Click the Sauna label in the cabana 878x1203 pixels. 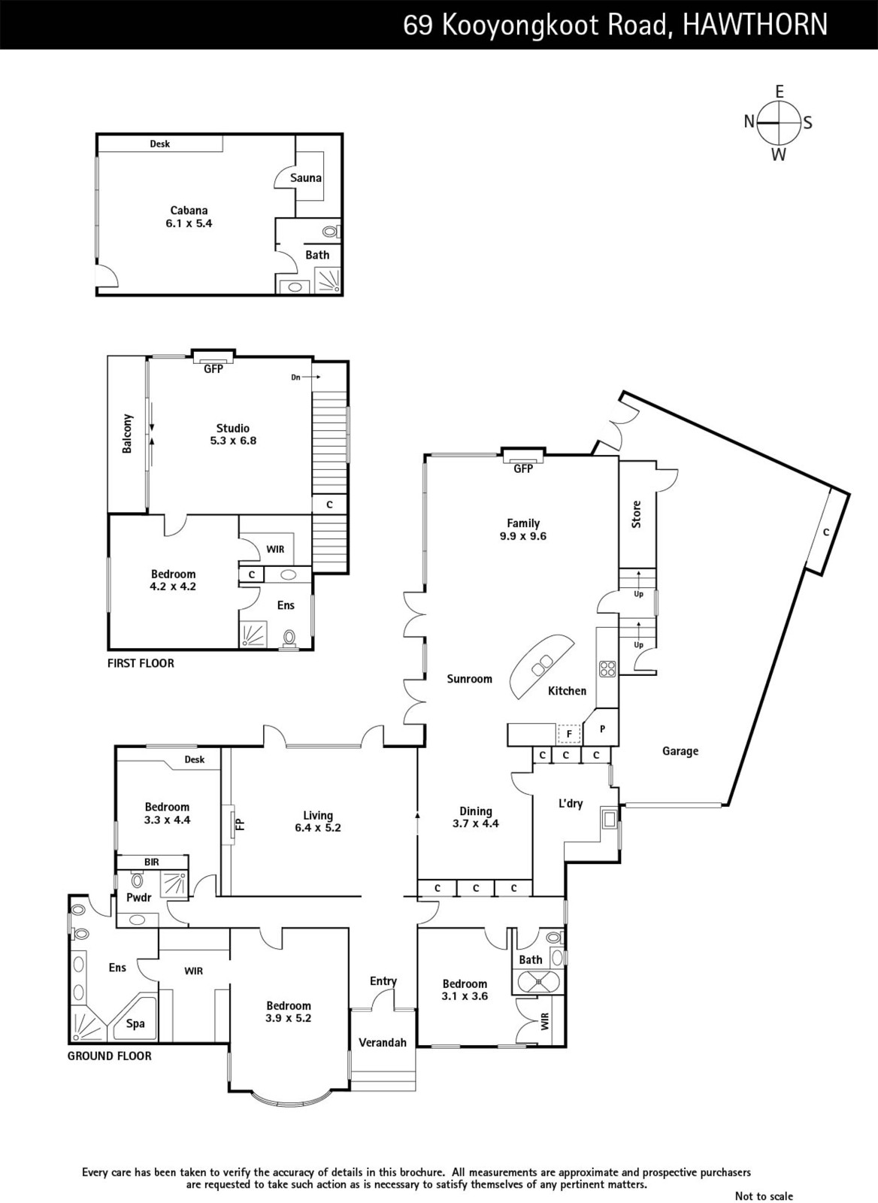point(305,177)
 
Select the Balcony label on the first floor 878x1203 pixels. point(127,433)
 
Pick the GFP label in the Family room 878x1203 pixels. point(523,469)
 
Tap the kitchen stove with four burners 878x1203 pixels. point(607,668)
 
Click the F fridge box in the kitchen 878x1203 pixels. point(569,734)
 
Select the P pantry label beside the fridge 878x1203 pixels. point(603,729)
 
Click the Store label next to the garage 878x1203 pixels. point(637,514)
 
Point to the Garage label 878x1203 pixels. point(680,751)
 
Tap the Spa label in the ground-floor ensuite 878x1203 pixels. point(135,1023)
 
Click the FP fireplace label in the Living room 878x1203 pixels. point(241,824)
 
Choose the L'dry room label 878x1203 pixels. point(571,804)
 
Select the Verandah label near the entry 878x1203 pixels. point(383,1042)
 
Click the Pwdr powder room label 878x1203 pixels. point(139,898)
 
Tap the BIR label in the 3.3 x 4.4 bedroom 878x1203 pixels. point(151,862)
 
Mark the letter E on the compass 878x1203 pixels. point(780,92)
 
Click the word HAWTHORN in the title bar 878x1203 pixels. point(755,25)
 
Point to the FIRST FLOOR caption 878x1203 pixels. point(141,663)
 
